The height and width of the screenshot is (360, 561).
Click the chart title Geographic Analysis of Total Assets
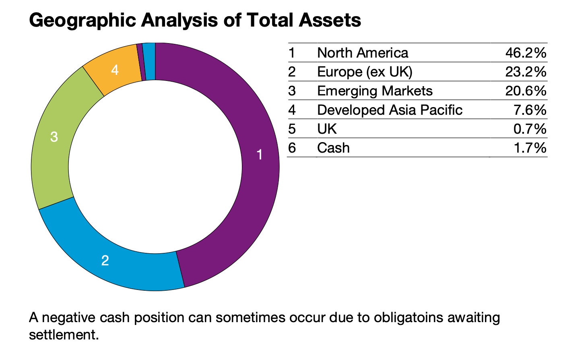[195, 20]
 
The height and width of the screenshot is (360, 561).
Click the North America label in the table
[363, 53]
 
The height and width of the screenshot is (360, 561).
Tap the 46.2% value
[526, 53]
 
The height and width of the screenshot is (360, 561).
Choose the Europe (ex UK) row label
[365, 72]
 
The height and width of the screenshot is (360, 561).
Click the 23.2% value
[526, 72]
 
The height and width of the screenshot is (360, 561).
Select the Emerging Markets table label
[375, 91]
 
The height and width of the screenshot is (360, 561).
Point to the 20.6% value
[526, 91]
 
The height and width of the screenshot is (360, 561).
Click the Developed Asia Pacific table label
[390, 110]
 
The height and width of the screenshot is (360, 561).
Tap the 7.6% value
[530, 110]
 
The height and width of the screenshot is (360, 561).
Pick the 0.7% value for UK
[530, 129]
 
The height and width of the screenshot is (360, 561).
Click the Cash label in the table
[333, 148]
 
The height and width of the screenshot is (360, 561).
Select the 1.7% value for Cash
[530, 148]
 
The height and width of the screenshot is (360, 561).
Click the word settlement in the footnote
[64, 335]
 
